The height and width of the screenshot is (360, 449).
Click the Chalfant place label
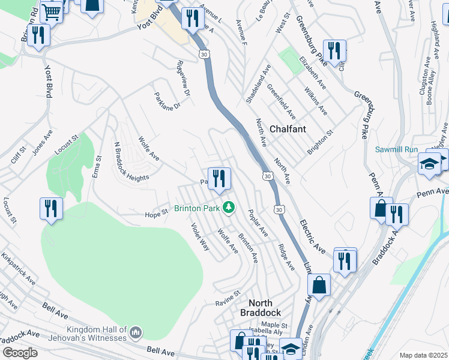pos(288,129)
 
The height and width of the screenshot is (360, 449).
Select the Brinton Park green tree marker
pos(228,208)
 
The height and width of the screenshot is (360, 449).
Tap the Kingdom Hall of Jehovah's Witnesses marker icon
pos(136,332)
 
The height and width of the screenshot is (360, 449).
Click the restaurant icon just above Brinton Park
pos(219,178)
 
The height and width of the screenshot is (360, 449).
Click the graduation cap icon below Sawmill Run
pos(430,164)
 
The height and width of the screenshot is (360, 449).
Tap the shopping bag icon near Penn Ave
pos(381,208)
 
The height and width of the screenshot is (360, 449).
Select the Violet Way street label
pos(200,236)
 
